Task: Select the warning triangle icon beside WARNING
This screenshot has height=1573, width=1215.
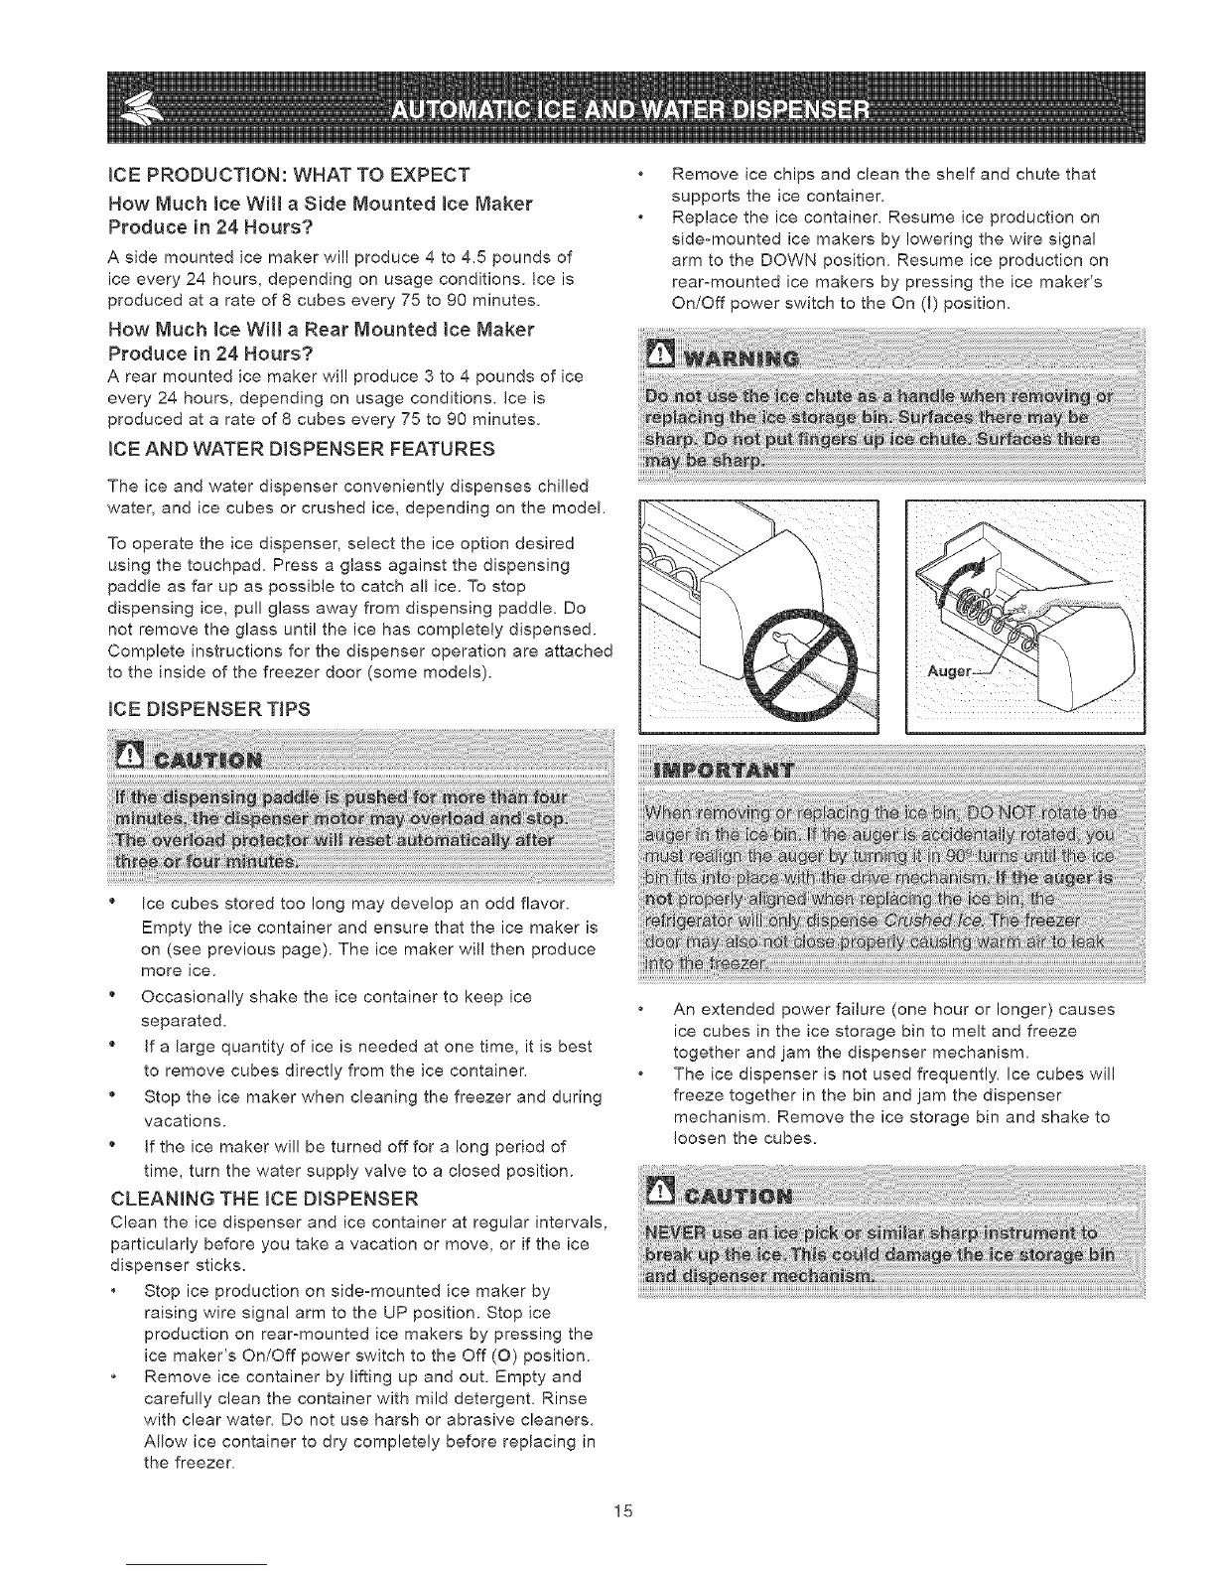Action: click(658, 355)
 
